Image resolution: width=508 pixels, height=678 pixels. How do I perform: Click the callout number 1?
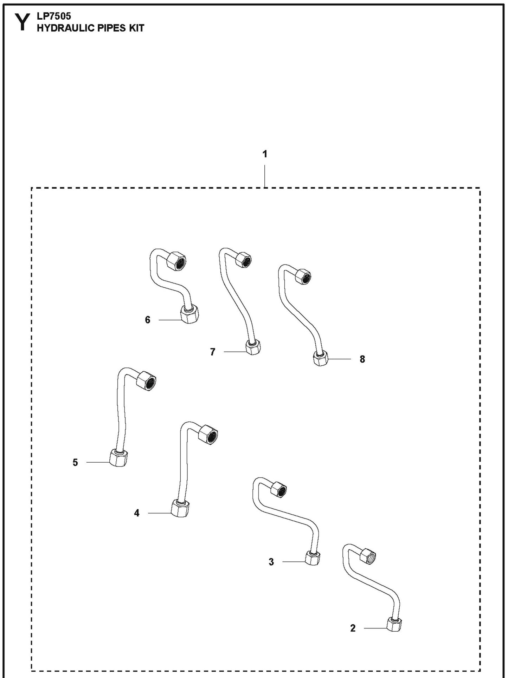pos(265,154)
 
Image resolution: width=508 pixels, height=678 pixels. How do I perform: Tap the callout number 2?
pos(353,628)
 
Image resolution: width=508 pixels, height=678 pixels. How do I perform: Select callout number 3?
pos(271,562)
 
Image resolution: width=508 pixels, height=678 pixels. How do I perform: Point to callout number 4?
pos(137,513)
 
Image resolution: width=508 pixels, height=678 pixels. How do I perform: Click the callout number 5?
pos(75,462)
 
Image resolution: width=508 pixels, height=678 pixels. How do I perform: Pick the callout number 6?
pos(148,320)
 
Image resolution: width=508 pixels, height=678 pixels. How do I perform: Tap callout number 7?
pos(212,352)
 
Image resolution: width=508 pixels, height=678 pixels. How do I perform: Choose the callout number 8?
pos(362,359)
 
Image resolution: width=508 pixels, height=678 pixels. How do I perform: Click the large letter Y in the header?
pos(22,22)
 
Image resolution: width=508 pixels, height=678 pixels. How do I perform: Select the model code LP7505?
pos(54,16)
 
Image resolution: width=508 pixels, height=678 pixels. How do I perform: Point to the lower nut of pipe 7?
pos(253,348)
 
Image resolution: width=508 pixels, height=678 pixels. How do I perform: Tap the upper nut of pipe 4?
pos(208,434)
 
